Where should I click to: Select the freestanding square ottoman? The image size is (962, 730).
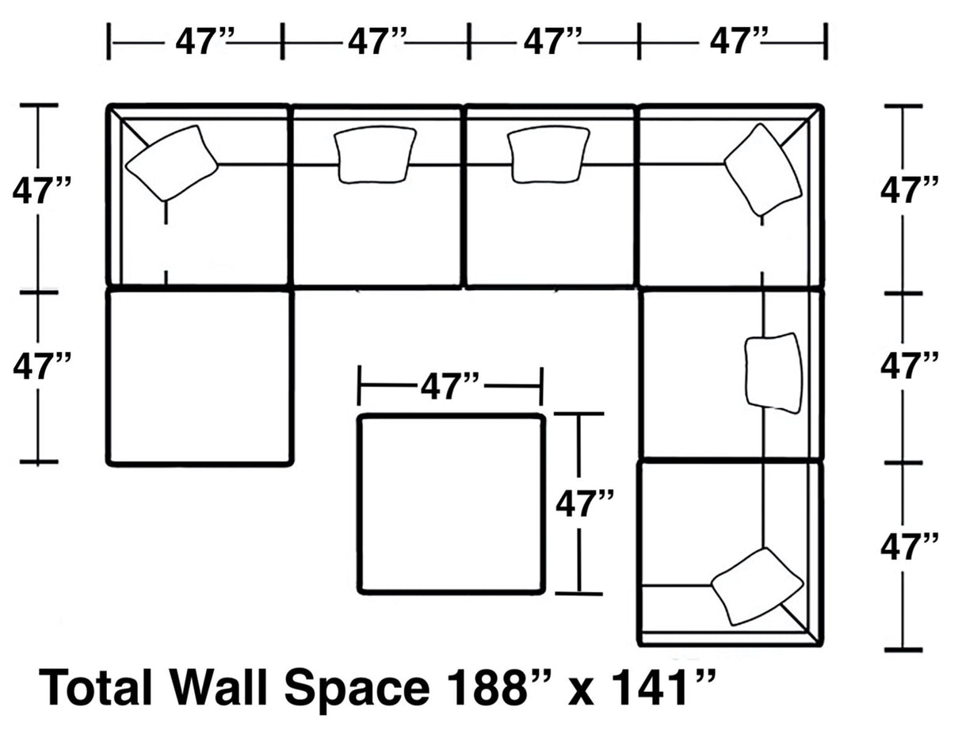pos(451,503)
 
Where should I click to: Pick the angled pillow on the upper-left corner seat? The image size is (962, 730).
pos(171,162)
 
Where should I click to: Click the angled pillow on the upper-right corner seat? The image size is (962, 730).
pos(762,169)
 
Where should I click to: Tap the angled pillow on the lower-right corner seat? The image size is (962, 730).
pos(756,586)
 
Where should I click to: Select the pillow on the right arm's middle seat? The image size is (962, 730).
pos(773,373)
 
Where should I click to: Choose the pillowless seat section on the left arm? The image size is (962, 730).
pos(200,376)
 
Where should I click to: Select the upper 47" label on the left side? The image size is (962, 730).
pos(42,191)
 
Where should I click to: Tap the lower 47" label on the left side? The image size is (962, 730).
pos(42,367)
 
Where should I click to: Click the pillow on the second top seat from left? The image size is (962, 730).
pos(375,154)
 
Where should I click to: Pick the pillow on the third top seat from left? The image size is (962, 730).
pos(548,154)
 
